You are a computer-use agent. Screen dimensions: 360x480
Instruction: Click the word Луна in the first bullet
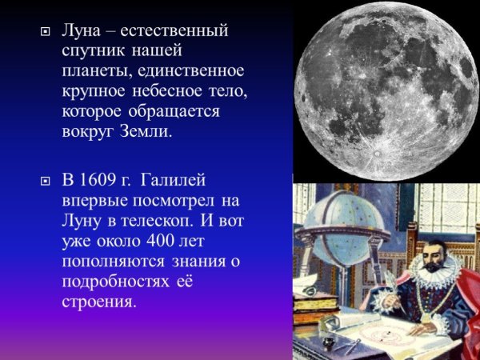[82, 31]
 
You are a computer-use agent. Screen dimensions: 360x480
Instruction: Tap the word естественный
[176, 31]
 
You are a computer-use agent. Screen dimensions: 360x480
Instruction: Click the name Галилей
[182, 178]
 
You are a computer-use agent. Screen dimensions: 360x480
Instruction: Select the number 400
[157, 240]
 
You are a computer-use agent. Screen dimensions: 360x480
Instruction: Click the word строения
[99, 302]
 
